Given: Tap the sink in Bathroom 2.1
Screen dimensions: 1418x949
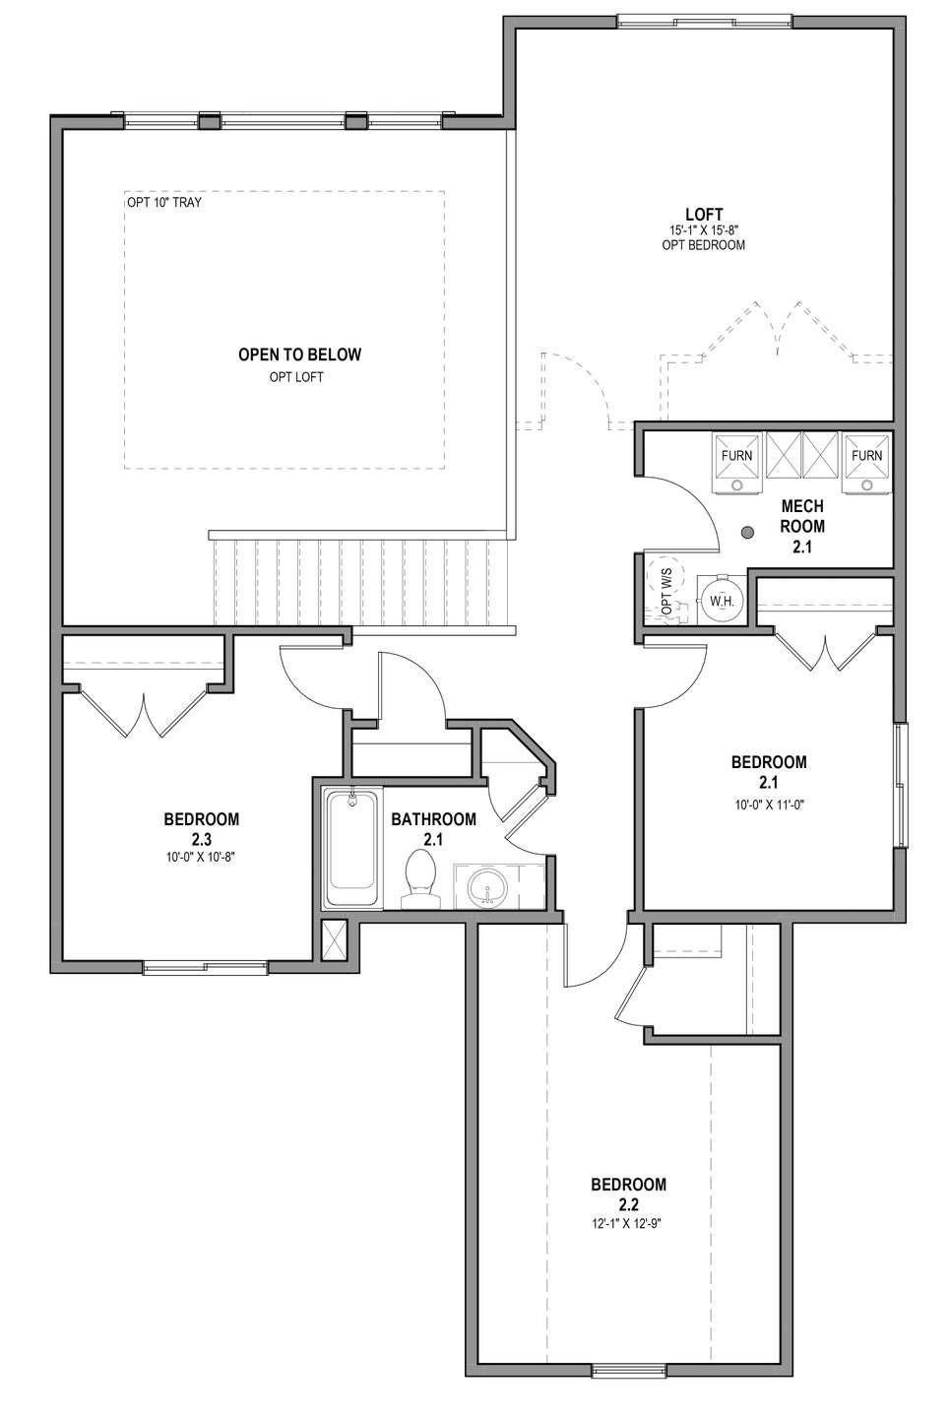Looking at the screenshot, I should (486, 886).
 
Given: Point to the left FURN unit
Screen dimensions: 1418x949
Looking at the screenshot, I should (736, 459).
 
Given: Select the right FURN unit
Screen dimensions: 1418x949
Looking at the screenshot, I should (866, 459).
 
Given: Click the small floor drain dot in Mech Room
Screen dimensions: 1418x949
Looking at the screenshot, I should (747, 533).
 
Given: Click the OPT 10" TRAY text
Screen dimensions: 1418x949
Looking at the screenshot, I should (164, 203).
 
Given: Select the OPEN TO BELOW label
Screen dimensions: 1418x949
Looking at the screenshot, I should (299, 354).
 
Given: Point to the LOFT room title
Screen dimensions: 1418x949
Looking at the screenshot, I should (704, 214).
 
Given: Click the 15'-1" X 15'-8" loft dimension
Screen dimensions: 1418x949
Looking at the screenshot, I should (704, 230).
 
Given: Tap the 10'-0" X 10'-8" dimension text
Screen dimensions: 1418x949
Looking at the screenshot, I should (201, 857).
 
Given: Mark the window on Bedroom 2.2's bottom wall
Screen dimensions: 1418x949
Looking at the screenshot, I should (628, 1369).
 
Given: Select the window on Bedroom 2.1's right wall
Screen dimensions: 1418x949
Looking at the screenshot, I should (899, 785).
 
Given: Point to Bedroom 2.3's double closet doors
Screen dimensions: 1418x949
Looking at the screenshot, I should (145, 713).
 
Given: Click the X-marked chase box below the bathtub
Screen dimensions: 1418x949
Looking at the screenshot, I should (335, 939).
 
